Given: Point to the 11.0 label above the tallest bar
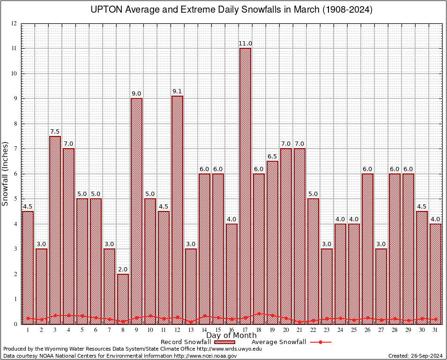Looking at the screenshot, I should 245,44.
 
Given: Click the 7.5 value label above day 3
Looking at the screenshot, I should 55,132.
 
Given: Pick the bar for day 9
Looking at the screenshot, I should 136,211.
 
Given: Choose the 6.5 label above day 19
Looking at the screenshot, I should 272,157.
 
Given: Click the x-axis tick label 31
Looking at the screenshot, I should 436,330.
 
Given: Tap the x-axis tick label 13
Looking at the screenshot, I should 191,330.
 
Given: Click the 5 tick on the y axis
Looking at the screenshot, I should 15,199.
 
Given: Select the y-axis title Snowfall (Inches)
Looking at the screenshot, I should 6,173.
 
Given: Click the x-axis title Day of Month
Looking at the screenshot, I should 231,336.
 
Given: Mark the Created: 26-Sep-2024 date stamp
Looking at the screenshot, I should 416,356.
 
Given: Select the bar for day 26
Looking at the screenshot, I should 367,249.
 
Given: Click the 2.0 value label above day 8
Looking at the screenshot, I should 123,270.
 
